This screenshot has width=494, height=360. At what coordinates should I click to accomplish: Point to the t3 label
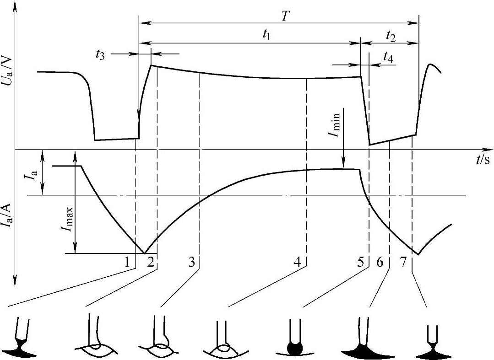click(x=100, y=54)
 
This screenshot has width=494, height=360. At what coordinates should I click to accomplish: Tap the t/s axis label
click(x=481, y=159)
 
